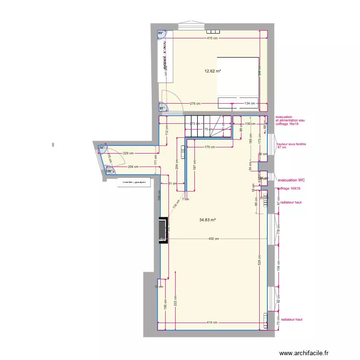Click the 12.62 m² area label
click(213, 71)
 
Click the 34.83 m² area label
click(207, 220)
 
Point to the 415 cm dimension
click(214, 38)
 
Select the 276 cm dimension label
click(195, 103)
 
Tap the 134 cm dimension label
click(250, 103)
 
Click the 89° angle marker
click(161, 34)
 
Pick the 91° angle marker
click(162, 108)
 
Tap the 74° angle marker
click(102, 148)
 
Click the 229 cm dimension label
click(128, 154)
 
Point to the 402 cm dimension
click(214, 239)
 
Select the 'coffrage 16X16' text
click(288, 189)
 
